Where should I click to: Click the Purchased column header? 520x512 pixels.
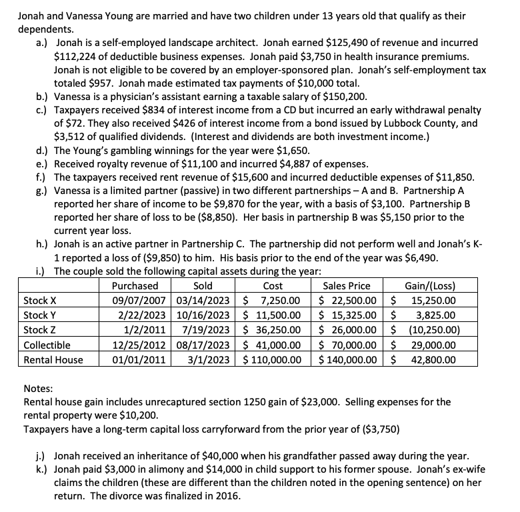point(136,286)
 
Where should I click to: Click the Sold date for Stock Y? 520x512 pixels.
point(207,315)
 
